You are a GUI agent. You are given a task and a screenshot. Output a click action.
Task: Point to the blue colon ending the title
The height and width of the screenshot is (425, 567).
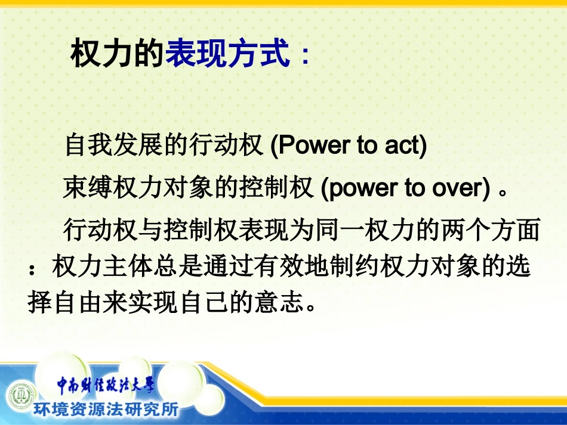305,57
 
